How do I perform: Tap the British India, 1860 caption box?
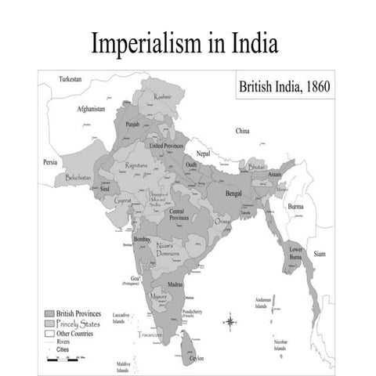click(284, 87)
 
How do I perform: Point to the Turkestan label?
click(75, 79)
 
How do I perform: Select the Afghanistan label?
click(91, 109)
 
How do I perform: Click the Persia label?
click(51, 162)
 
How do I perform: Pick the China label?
click(242, 131)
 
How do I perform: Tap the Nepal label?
click(204, 154)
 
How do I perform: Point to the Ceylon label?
click(196, 358)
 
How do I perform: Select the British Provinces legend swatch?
click(49, 313)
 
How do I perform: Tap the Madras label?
click(175, 284)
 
